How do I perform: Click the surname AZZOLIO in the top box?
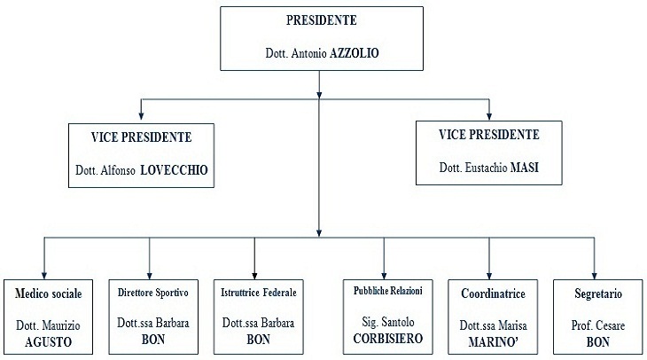point(355,53)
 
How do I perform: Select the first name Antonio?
point(309,53)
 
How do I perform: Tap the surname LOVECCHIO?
point(174,170)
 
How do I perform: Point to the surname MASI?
point(525,168)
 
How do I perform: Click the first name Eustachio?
point(487,168)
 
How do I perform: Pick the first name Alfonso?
point(118,170)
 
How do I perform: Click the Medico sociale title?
point(48,293)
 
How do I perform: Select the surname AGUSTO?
point(48,342)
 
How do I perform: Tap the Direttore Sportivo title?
point(153,293)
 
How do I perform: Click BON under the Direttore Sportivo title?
point(153,340)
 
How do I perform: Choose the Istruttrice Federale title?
point(259,293)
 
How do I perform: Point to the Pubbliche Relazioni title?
point(388,291)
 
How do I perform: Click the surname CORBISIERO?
point(388,339)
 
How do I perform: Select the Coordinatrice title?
point(493,293)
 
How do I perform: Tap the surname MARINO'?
point(493,342)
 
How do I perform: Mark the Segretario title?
point(598,293)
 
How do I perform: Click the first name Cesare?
point(609,325)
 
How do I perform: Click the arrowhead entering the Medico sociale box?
point(44,276)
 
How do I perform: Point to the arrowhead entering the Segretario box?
point(594,276)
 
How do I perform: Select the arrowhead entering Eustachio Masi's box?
point(489,116)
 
